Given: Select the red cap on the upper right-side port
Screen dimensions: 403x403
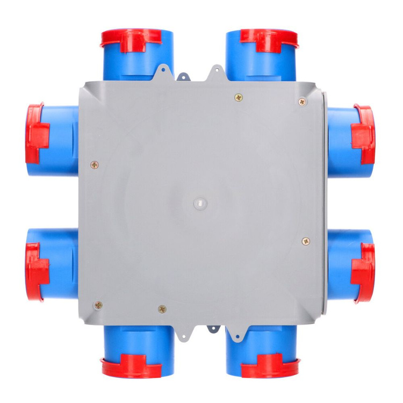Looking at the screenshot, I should click(x=364, y=134).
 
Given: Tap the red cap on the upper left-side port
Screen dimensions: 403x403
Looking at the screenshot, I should click(x=37, y=133).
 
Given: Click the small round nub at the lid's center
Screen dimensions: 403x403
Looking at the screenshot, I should click(x=199, y=204).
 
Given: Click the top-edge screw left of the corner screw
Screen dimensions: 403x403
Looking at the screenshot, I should click(x=239, y=97).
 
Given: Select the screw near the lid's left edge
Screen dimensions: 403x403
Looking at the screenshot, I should click(x=95, y=164).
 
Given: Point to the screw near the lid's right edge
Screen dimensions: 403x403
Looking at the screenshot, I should click(x=306, y=241).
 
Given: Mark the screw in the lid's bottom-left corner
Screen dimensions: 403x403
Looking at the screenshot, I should click(x=98, y=305).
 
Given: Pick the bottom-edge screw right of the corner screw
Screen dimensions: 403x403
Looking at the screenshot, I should click(x=162, y=309).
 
